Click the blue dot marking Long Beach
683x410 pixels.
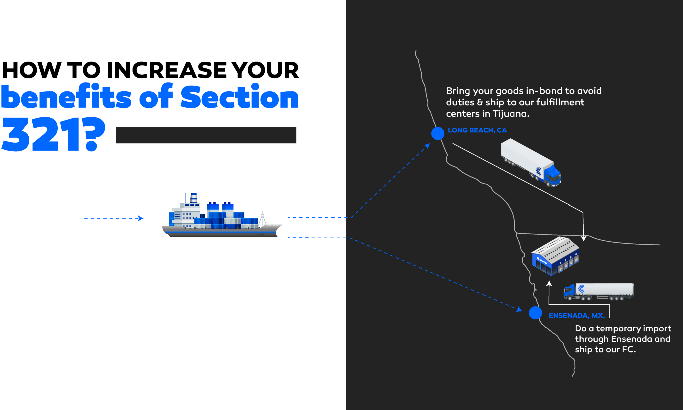coord(438,133)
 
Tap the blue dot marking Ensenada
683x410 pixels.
coord(535,313)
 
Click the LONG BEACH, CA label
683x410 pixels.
coord(477,130)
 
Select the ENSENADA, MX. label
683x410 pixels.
coord(577,315)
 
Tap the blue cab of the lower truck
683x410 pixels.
coord(570,291)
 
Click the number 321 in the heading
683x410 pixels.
coord(40,134)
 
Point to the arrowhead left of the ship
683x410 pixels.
coord(141,218)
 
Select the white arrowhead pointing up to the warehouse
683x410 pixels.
coord(549,284)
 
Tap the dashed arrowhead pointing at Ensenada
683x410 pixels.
coord(519,310)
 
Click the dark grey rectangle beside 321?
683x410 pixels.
coord(206,135)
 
